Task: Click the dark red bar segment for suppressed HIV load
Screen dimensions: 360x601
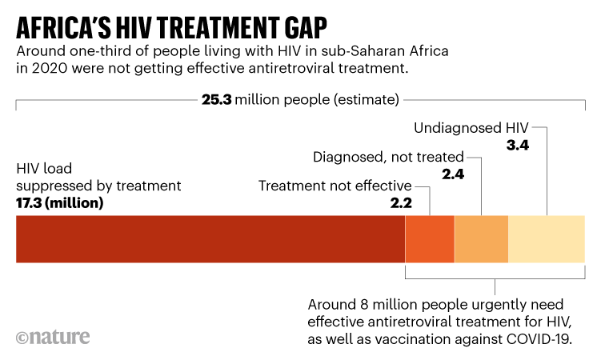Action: pyautogui.click(x=210, y=239)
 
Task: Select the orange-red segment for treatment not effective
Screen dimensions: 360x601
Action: pyautogui.click(x=430, y=239)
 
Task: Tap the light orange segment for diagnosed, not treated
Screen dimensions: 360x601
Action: pyautogui.click(x=481, y=239)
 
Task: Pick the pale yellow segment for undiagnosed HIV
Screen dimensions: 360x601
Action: pyautogui.click(x=546, y=239)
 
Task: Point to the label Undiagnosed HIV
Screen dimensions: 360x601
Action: pyautogui.click(x=472, y=127)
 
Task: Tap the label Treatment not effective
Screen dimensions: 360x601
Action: pyautogui.click(x=335, y=186)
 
